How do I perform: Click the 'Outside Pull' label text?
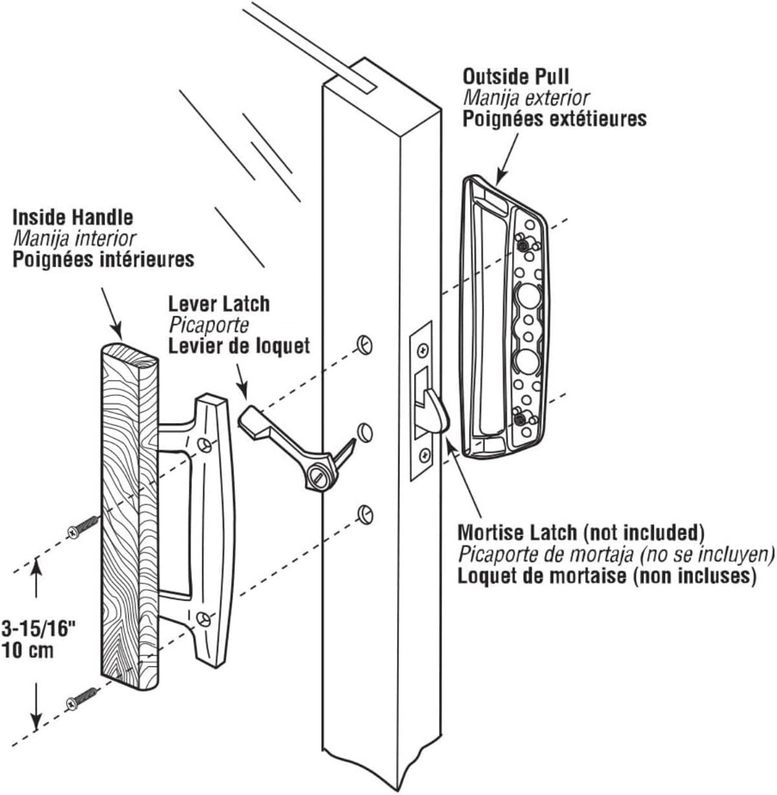516,77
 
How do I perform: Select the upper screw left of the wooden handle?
83,528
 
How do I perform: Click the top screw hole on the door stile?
362,344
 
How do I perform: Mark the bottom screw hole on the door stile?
362,512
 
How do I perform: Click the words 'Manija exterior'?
526,98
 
